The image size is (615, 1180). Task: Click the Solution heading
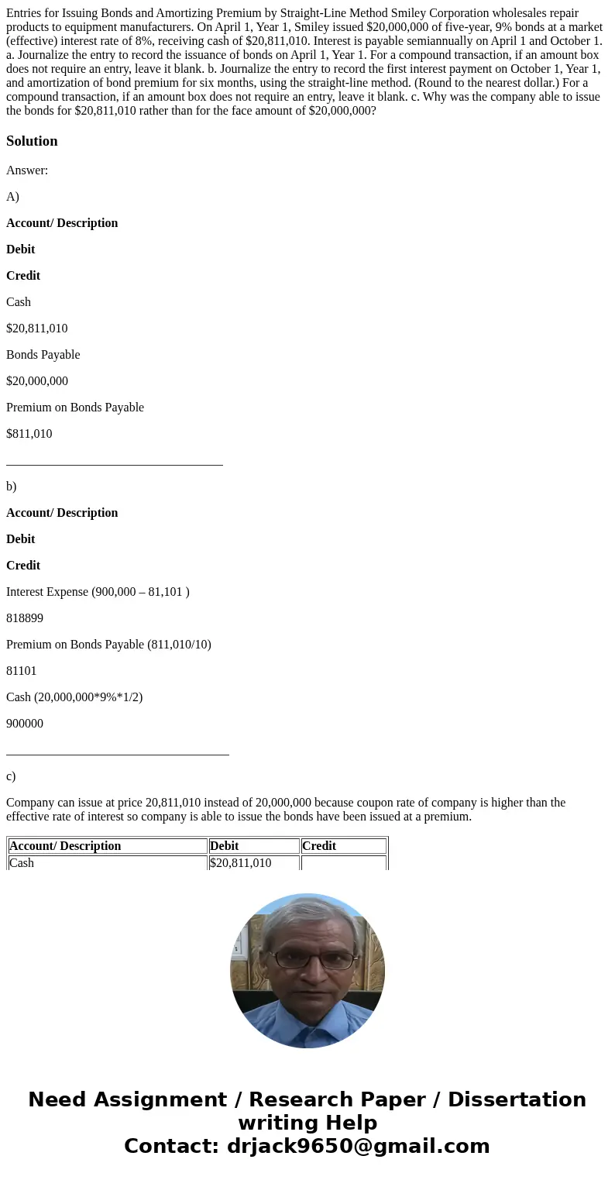pyautogui.click(x=32, y=141)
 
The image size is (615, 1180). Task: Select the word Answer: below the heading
pyautogui.click(x=27, y=170)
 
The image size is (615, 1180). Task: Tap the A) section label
pyautogui.click(x=12, y=197)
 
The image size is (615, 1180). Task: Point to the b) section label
pyautogui.click(x=12, y=487)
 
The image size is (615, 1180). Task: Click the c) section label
pyautogui.click(x=11, y=776)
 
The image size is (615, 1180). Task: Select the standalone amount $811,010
pyautogui.click(x=29, y=434)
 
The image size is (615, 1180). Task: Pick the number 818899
pyautogui.click(x=25, y=618)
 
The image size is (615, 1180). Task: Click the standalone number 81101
pyautogui.click(x=22, y=671)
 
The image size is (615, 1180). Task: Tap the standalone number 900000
pyautogui.click(x=25, y=724)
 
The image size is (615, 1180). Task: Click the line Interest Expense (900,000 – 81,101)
pyautogui.click(x=98, y=592)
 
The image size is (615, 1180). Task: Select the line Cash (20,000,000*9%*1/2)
pyautogui.click(x=74, y=697)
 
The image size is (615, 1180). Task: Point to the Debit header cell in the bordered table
pyautogui.click(x=225, y=846)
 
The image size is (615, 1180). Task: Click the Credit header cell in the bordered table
pyautogui.click(x=319, y=846)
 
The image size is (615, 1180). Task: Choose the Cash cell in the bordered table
pyautogui.click(x=22, y=862)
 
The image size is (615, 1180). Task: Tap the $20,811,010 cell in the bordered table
pyautogui.click(x=241, y=862)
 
